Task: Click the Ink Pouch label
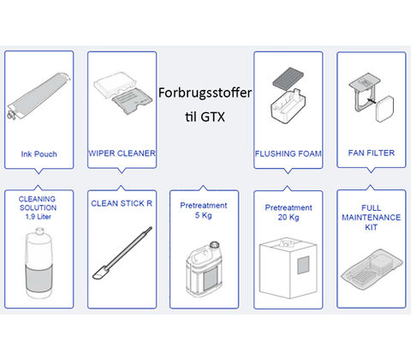pos(38,155)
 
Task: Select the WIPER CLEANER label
pos(122,153)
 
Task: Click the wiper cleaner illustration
pos(122,95)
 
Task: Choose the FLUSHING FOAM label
pos(288,154)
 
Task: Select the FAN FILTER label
pos(370,154)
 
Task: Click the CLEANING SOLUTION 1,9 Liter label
pos(37,207)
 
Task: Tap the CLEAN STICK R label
pos(122,204)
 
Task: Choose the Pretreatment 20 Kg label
pos(288,212)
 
